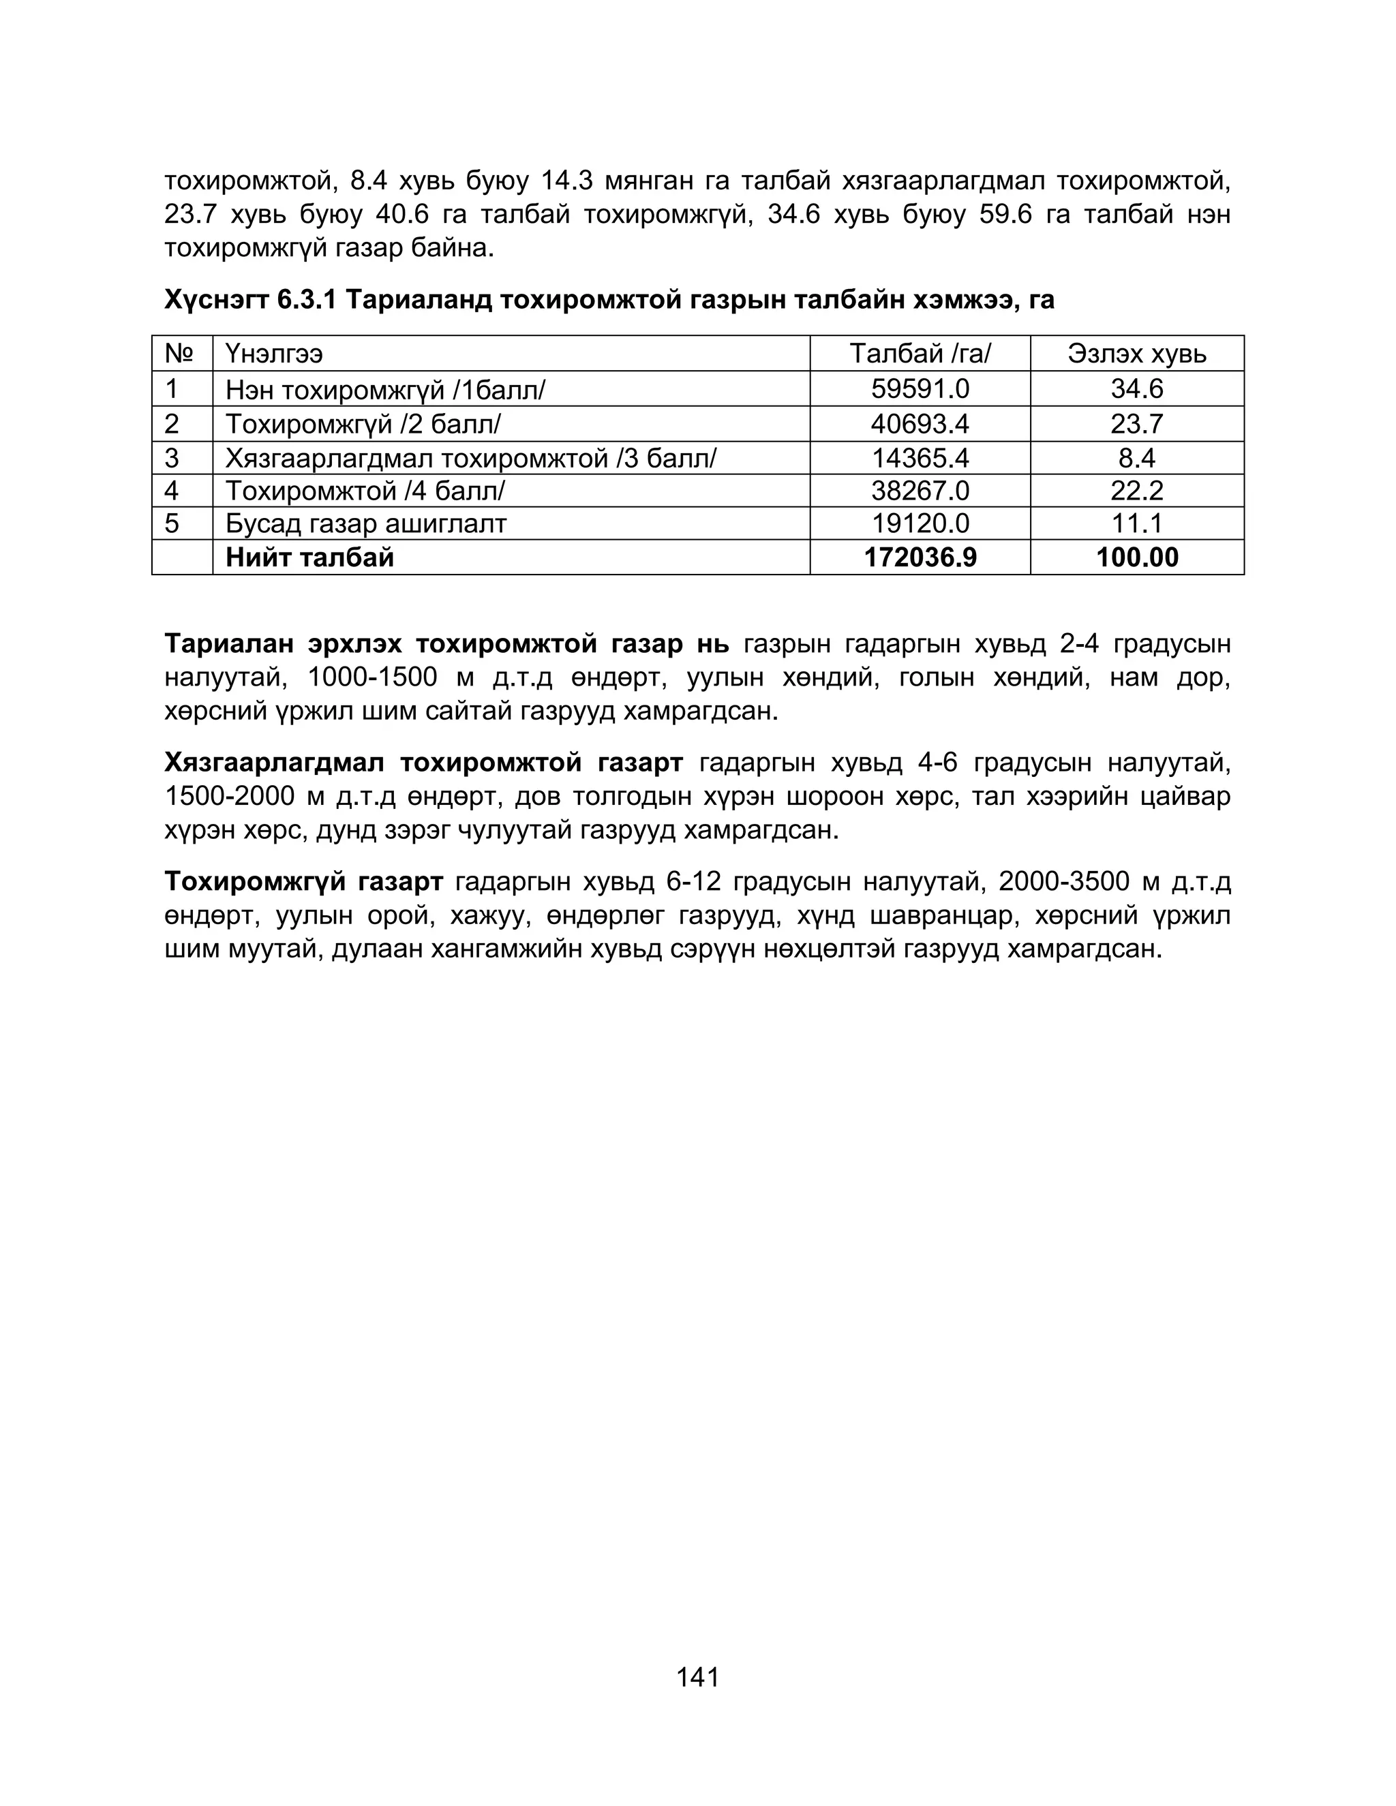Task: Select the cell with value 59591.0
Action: point(920,388)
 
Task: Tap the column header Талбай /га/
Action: point(920,354)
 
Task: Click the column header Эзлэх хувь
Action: point(1136,354)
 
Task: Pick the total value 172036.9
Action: point(920,557)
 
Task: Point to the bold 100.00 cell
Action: point(1136,557)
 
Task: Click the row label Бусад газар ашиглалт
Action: point(365,523)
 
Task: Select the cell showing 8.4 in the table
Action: point(1136,458)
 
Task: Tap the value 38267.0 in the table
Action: point(920,491)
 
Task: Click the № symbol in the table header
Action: point(179,354)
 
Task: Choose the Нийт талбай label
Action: point(309,557)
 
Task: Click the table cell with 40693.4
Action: point(920,424)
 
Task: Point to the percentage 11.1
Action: point(1136,523)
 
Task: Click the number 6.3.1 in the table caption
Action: point(306,299)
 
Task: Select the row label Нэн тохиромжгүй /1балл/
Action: point(385,389)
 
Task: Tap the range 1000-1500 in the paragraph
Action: point(371,677)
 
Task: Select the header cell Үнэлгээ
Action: point(274,354)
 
